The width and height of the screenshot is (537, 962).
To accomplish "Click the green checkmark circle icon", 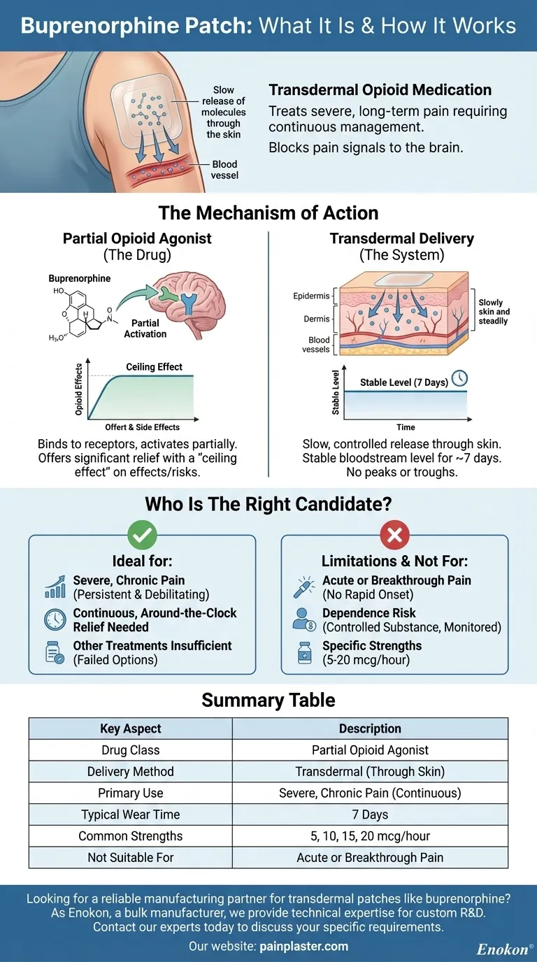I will (x=142, y=536).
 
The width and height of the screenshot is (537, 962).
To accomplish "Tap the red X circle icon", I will (x=394, y=536).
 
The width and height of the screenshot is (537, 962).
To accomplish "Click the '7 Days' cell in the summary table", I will (x=370, y=814).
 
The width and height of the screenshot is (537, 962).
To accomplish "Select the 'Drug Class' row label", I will (x=131, y=750).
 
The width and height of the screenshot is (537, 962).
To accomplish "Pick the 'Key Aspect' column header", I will (x=131, y=728).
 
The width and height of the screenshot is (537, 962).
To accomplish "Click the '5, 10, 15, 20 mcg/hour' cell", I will (x=370, y=836).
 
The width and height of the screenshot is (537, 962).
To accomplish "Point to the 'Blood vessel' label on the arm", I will (x=224, y=169).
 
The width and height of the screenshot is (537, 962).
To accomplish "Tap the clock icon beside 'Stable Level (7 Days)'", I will (x=459, y=378).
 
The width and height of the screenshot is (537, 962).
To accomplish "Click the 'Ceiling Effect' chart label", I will (x=155, y=367).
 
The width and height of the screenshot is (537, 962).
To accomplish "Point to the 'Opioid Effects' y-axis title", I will (x=78, y=390).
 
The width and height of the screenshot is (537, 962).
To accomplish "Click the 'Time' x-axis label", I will (x=406, y=427).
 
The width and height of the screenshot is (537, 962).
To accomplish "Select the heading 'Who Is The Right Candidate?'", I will (x=268, y=505).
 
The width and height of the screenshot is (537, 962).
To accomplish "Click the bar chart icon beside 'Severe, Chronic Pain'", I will (x=55, y=587).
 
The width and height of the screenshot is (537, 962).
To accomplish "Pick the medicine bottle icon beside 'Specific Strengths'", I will (x=303, y=652).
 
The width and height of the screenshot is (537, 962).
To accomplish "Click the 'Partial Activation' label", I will (x=145, y=329).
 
